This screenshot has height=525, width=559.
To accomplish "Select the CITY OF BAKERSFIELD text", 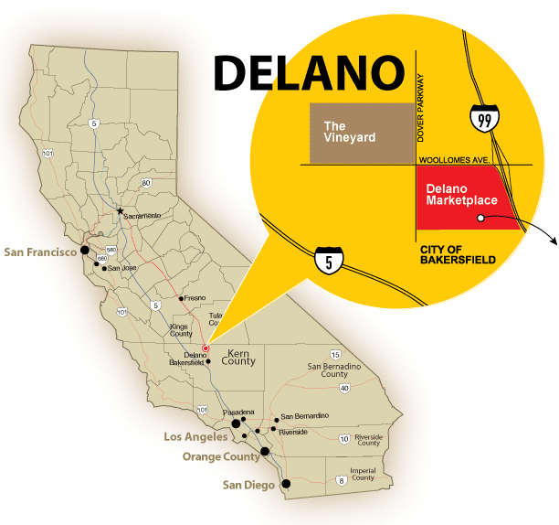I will click(458, 254).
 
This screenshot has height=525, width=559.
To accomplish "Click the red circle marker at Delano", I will click(206, 348).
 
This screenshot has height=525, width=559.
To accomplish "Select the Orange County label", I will click(221, 456).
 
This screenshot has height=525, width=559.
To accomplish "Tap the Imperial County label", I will click(364, 474).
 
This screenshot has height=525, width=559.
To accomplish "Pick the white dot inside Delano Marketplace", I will click(480, 218).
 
